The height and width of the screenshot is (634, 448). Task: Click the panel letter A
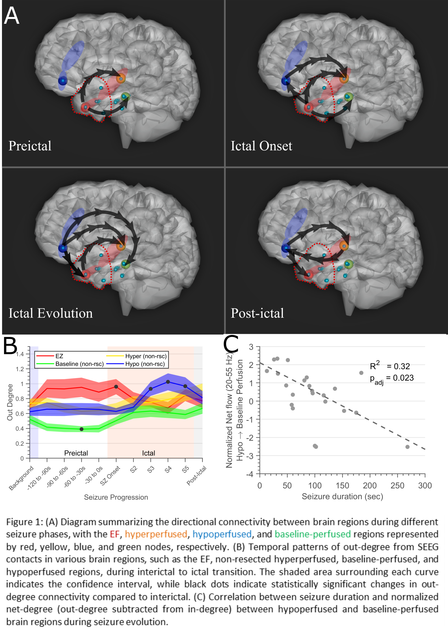[x=12, y=16]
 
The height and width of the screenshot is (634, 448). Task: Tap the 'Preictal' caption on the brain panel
[x=30, y=146]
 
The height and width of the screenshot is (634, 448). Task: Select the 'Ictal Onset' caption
[x=261, y=146]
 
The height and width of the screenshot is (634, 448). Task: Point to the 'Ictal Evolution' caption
[x=51, y=313]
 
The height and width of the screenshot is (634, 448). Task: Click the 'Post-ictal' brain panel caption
[x=257, y=313]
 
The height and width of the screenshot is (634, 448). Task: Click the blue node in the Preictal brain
[x=62, y=81]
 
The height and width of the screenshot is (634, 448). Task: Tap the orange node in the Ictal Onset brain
[x=344, y=78]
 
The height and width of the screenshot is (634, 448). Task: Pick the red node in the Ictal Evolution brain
[x=85, y=274]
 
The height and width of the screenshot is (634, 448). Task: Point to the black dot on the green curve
[x=81, y=429]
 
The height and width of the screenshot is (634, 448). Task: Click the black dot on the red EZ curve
[x=116, y=387]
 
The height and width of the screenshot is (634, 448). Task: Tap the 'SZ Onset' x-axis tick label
[x=110, y=476]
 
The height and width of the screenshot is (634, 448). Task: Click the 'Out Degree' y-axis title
[x=10, y=402]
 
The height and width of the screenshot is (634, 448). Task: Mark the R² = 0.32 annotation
[x=390, y=366]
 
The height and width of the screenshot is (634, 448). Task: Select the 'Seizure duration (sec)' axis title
[x=342, y=497]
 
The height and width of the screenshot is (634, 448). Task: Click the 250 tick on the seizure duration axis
[x=397, y=486]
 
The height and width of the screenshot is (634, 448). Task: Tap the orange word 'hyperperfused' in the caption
[x=156, y=534]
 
